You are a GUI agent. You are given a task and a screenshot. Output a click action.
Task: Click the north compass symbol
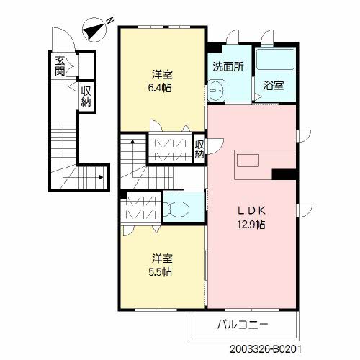pyautogui.click(x=96, y=30)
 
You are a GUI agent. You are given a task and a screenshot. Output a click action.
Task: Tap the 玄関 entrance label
pyautogui.click(x=60, y=66)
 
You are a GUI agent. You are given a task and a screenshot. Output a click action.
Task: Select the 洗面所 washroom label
pyautogui.click(x=228, y=66)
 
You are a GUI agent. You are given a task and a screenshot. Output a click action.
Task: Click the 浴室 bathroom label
pyautogui.click(x=274, y=86)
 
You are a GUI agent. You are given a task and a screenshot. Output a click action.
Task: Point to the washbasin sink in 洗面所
pyautogui.click(x=216, y=91)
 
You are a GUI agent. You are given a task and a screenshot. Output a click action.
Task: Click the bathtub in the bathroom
pyautogui.click(x=275, y=60)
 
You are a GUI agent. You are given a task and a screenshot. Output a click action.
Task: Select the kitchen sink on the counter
pyautogui.click(x=248, y=161)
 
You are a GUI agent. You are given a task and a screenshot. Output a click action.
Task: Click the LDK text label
pyautogui.click(x=251, y=211)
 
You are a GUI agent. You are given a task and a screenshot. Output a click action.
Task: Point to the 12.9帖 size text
pyautogui.click(x=251, y=225)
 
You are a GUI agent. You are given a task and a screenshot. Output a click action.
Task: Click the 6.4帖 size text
pyautogui.click(x=160, y=88)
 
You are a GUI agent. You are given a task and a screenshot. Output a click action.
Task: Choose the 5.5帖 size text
pyautogui.click(x=160, y=272)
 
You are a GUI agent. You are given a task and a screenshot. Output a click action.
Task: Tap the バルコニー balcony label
pyautogui.click(x=243, y=325)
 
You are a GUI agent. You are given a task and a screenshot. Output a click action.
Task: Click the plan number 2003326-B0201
pyautogui.click(x=266, y=349)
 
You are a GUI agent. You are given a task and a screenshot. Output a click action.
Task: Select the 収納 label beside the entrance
pyautogui.click(x=86, y=96)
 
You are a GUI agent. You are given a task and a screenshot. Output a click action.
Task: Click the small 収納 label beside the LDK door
pyautogui.click(x=199, y=149)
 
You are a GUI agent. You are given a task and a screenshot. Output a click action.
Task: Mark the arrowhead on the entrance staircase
pyautogui.click(x=101, y=177)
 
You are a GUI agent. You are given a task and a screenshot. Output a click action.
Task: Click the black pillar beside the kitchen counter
pyautogui.click(x=284, y=174)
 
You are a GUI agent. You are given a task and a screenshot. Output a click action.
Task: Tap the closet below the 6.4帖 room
pyautogui.click(x=170, y=149)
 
